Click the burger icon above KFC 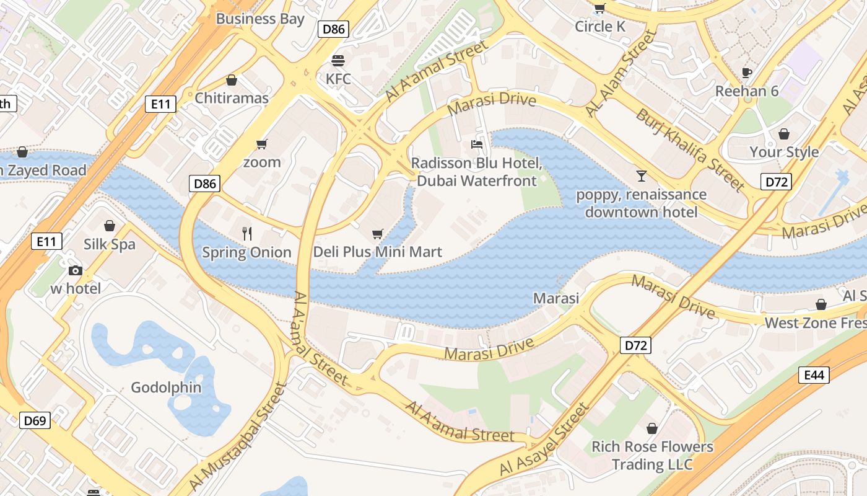[338, 61]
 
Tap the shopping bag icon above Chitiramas [232, 80]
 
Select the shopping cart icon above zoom [261, 144]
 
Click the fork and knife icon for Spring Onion [247, 233]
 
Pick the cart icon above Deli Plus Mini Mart [377, 234]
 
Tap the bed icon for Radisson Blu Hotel [476, 144]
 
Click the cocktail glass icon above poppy [641, 176]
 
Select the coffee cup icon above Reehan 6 [747, 73]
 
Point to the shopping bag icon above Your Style [784, 134]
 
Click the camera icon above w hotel [76, 270]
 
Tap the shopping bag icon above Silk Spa [110, 226]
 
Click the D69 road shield [35, 420]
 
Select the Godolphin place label [166, 387]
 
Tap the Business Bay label [260, 19]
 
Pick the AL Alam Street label [621, 73]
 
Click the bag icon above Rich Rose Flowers [652, 428]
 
